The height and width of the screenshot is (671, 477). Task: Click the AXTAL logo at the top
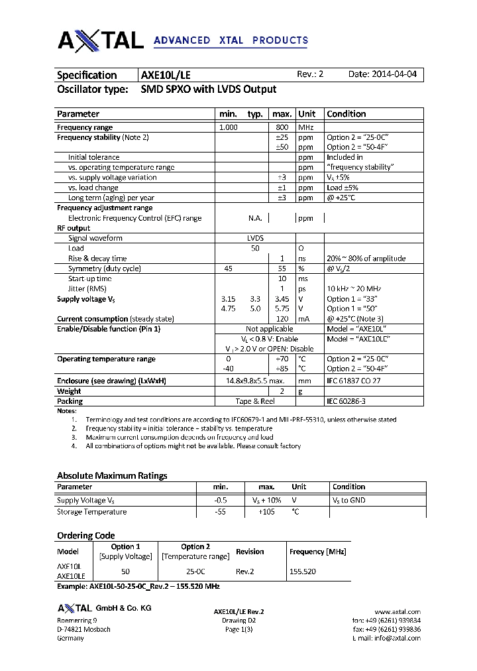[101, 40]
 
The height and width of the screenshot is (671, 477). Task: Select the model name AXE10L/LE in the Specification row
[166, 76]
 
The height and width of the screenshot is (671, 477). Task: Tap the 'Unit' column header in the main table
[307, 114]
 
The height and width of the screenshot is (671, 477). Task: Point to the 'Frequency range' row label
[85, 127]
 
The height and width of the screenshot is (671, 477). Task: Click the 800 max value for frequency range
[282, 127]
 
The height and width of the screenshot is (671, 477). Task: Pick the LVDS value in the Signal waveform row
[255, 238]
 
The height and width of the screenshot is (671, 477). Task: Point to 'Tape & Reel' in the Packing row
[255, 401]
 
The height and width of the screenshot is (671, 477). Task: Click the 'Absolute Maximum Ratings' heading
[112, 475]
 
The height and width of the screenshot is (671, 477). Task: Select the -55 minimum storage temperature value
[221, 512]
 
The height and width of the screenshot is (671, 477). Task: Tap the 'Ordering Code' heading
[86, 536]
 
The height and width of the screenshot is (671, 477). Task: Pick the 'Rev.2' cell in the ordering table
[245, 571]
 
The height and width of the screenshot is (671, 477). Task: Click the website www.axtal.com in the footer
[397, 611]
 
